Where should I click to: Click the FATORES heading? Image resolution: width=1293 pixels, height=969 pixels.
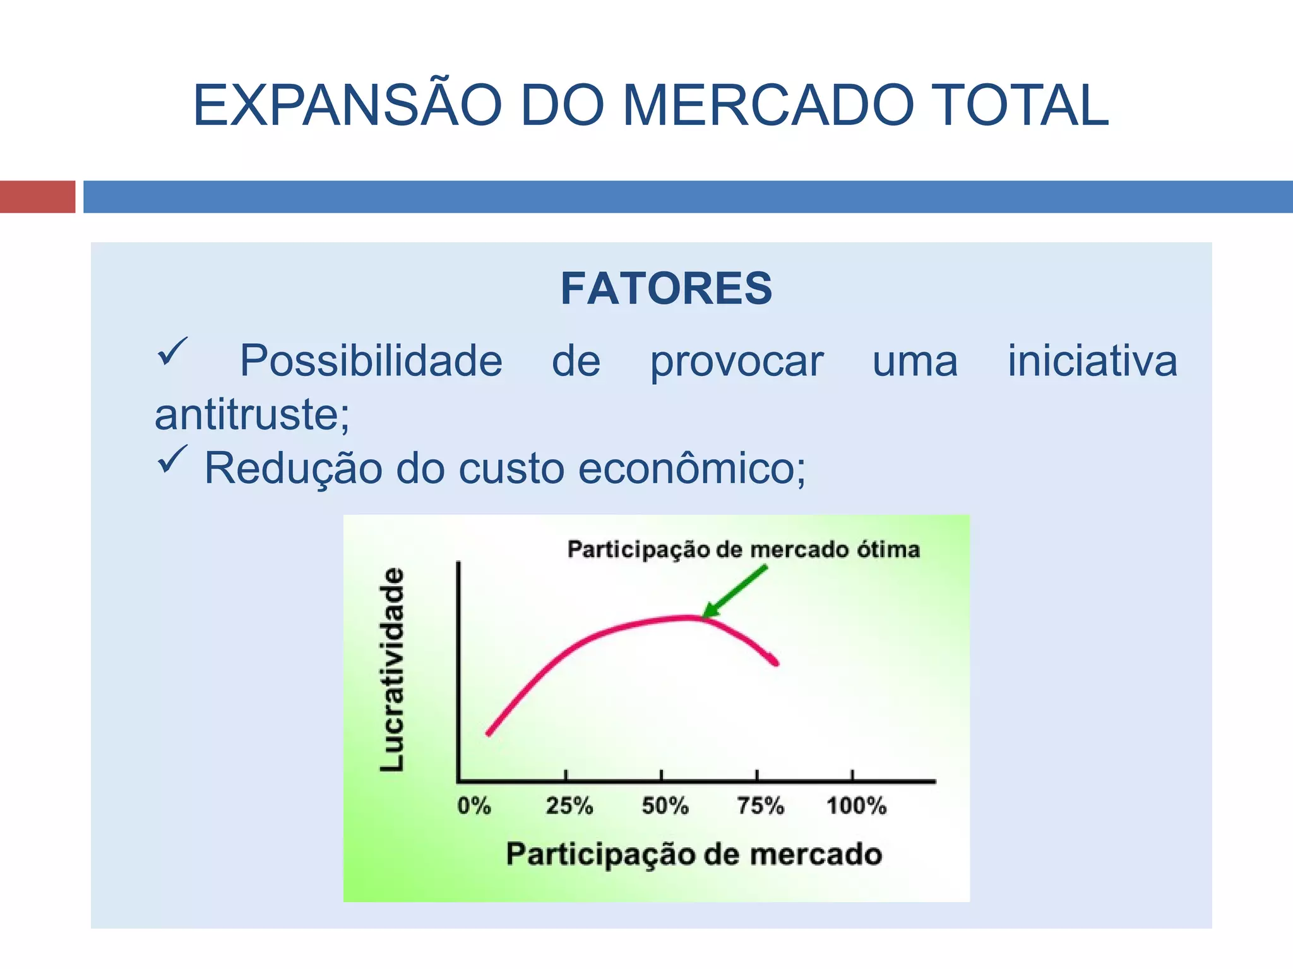click(666, 289)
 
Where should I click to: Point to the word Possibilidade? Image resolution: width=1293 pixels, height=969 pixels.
click(371, 362)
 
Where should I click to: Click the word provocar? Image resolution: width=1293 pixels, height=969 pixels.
click(737, 362)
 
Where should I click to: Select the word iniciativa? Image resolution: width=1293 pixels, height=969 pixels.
click(1092, 362)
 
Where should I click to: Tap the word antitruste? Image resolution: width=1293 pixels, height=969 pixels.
click(251, 416)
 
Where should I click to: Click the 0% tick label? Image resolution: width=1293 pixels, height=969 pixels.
click(474, 806)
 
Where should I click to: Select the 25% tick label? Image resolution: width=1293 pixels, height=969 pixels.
click(569, 806)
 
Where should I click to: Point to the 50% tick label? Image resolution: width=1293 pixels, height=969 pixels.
click(665, 806)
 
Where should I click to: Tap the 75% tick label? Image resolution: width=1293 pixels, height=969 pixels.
click(760, 806)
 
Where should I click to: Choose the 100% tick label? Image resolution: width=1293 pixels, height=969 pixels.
click(856, 806)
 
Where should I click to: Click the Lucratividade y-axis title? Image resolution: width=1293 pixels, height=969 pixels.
click(392, 669)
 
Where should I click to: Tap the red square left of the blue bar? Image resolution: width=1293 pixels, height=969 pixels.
click(37, 197)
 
